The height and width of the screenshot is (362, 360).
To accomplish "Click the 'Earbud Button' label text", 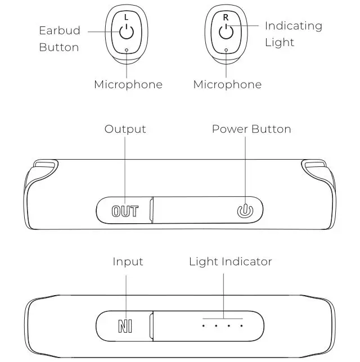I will [x=59, y=39].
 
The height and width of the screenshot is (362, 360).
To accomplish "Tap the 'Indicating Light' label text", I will [x=293, y=34].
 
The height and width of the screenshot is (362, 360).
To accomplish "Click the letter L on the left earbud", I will [x=126, y=17].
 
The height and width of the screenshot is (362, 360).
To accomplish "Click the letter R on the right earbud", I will [x=226, y=17].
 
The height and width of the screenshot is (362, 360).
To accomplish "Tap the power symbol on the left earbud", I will [x=126, y=31].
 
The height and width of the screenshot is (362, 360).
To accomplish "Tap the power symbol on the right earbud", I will [x=226, y=31].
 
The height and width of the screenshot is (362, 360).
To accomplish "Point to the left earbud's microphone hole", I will [x=127, y=49].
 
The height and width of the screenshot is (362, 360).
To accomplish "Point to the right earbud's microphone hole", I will [x=226, y=49].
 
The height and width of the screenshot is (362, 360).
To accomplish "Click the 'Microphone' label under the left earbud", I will [x=128, y=85].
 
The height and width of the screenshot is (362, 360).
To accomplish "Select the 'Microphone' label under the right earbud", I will [x=227, y=85].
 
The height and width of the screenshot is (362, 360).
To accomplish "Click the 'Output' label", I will [x=125, y=129].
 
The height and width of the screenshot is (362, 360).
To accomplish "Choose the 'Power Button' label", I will [x=251, y=129].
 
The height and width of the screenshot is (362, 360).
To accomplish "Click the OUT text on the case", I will [x=125, y=211].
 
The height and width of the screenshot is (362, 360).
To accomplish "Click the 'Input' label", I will [x=128, y=262].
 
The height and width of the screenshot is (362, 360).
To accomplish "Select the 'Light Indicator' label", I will [x=230, y=262].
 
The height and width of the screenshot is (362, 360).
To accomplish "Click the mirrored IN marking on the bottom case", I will [x=125, y=326].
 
